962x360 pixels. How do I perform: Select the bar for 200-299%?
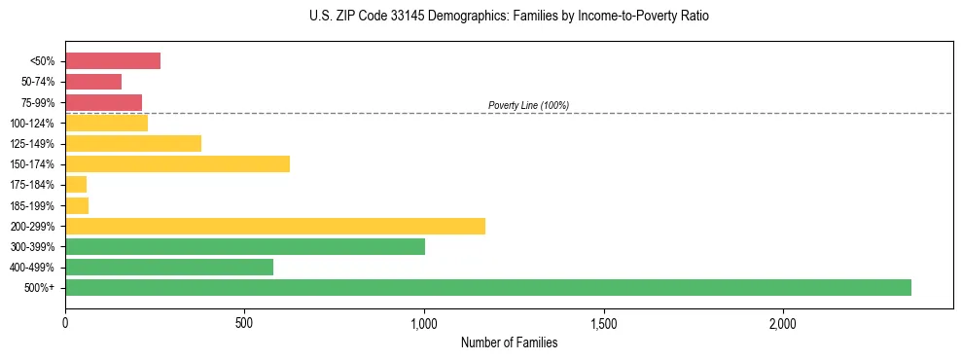(275, 226)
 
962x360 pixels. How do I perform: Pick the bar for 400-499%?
(169, 267)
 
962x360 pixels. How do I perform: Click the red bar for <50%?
(113, 61)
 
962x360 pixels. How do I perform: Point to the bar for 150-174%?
(177, 163)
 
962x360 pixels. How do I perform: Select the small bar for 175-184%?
(76, 184)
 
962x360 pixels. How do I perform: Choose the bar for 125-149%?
(133, 143)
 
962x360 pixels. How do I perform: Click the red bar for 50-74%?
(93, 82)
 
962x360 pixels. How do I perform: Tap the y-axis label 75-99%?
(37, 103)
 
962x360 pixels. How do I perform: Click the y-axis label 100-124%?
(34, 124)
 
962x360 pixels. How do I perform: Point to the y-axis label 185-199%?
(34, 205)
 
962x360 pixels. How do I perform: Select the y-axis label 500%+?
(40, 288)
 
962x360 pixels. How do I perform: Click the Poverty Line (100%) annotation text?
(528, 105)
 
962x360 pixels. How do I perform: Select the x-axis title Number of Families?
(509, 342)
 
